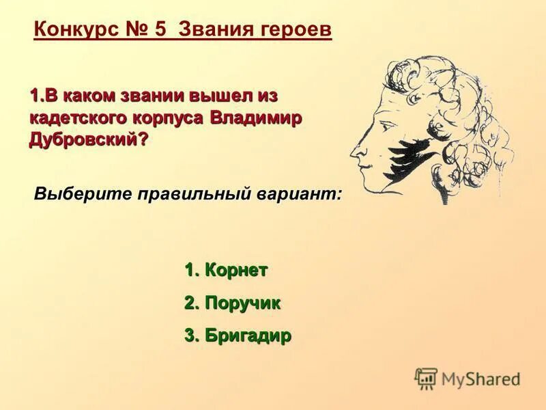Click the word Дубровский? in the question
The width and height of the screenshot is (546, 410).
[x=89, y=139]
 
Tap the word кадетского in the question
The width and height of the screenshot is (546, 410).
[x=77, y=117]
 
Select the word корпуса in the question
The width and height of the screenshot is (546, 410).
[x=169, y=117]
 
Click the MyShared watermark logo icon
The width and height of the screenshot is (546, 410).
[x=426, y=377]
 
